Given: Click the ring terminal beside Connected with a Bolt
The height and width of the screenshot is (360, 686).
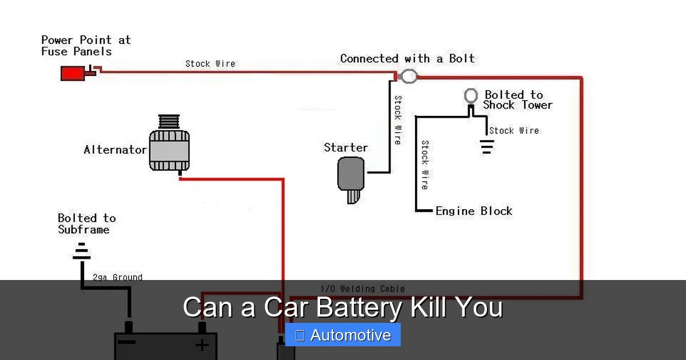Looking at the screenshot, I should [x=408, y=75].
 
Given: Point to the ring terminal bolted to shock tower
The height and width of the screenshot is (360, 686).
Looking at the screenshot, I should [x=470, y=95].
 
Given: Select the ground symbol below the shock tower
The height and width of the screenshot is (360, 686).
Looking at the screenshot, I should [x=486, y=147].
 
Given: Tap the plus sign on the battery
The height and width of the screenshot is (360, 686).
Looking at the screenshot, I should [x=201, y=345].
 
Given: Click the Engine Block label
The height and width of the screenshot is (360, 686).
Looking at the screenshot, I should [x=473, y=211].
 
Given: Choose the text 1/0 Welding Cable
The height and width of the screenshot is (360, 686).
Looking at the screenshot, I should [x=362, y=289].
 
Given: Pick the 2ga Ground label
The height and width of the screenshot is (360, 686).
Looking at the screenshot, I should [x=117, y=277].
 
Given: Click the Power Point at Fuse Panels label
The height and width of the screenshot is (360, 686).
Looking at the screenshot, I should [x=86, y=46].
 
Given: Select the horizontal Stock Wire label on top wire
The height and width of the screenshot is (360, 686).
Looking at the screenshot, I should [x=210, y=63].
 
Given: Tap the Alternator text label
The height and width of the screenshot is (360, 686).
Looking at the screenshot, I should [x=115, y=150].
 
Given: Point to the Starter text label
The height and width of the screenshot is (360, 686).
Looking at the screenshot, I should [x=346, y=147].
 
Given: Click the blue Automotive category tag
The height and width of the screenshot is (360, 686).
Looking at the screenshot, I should [x=343, y=335].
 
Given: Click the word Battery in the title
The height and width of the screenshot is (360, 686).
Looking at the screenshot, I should [x=358, y=307].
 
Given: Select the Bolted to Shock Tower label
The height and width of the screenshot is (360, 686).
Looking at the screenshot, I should [x=517, y=100].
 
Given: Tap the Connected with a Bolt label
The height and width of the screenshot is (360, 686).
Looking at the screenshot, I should [x=407, y=58].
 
